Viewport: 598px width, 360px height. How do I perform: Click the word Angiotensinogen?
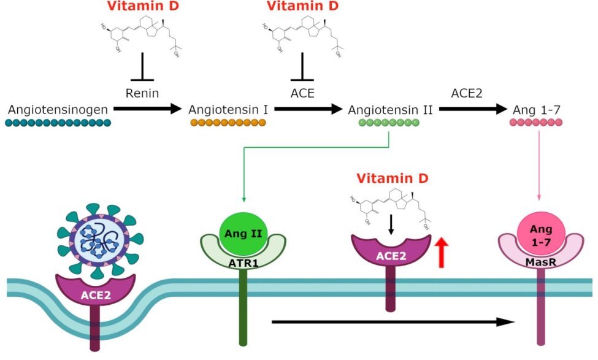[x=59, y=110]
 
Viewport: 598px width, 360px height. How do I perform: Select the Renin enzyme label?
[x=142, y=94]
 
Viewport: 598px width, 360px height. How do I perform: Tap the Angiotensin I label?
[x=228, y=110]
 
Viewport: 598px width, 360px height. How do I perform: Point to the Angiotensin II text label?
[x=390, y=110]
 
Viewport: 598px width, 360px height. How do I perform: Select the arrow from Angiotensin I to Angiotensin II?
[x=307, y=109]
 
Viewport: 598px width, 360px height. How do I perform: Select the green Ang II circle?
[x=245, y=233]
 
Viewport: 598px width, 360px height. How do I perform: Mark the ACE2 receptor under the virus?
[x=95, y=294]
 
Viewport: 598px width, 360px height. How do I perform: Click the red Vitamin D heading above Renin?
[x=142, y=7]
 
